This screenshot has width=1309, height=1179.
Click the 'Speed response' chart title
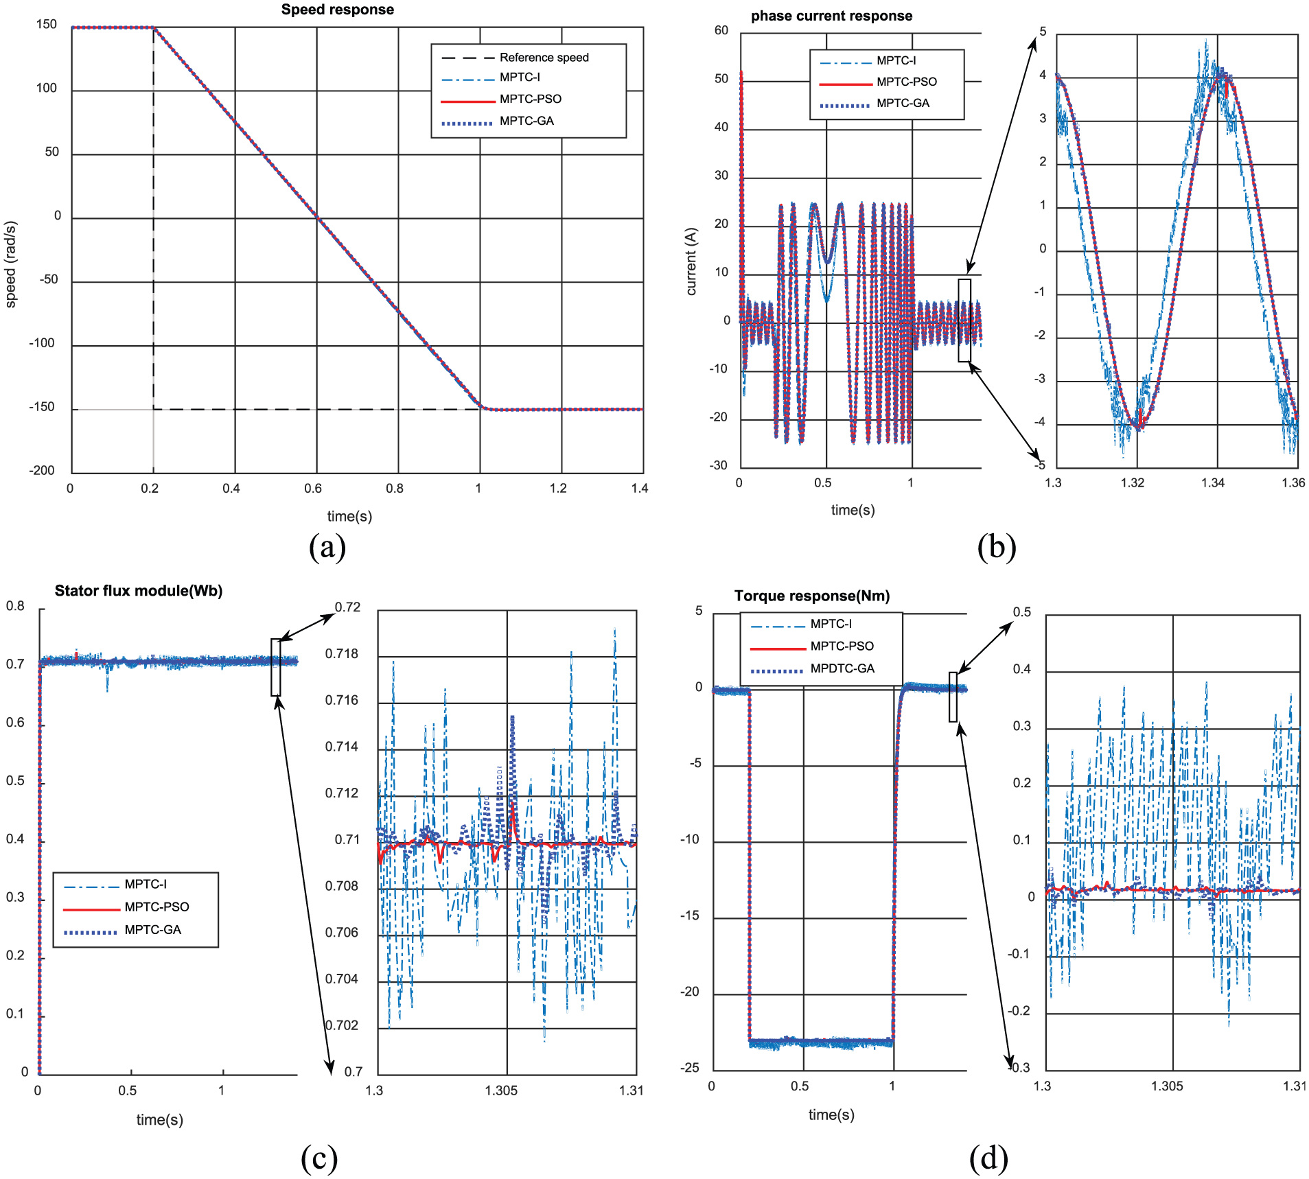coord(338,10)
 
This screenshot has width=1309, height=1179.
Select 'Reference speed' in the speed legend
coord(544,58)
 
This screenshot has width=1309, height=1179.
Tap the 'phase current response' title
coord(831,16)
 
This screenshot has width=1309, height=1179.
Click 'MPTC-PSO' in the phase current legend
coord(907,82)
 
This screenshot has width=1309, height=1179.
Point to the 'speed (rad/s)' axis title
coord(10,264)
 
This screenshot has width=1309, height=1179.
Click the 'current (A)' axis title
coord(691,261)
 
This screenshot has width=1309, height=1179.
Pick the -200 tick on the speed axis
coord(42,471)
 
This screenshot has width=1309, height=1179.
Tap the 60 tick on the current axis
coord(721,30)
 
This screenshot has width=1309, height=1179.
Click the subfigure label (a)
coord(327,547)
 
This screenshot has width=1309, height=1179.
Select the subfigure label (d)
coord(988,1158)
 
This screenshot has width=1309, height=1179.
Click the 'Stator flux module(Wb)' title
coord(139,591)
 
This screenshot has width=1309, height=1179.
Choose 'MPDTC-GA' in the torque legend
coord(842,668)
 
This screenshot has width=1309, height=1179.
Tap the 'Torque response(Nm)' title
coord(812,596)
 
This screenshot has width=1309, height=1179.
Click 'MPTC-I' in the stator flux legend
coord(146,884)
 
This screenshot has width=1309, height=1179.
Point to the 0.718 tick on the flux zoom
coord(342,654)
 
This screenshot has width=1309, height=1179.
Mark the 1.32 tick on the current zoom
coord(1133,482)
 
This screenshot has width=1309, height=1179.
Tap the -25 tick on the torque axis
coord(690,1067)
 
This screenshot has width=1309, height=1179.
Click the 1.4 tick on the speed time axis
coord(640,488)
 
